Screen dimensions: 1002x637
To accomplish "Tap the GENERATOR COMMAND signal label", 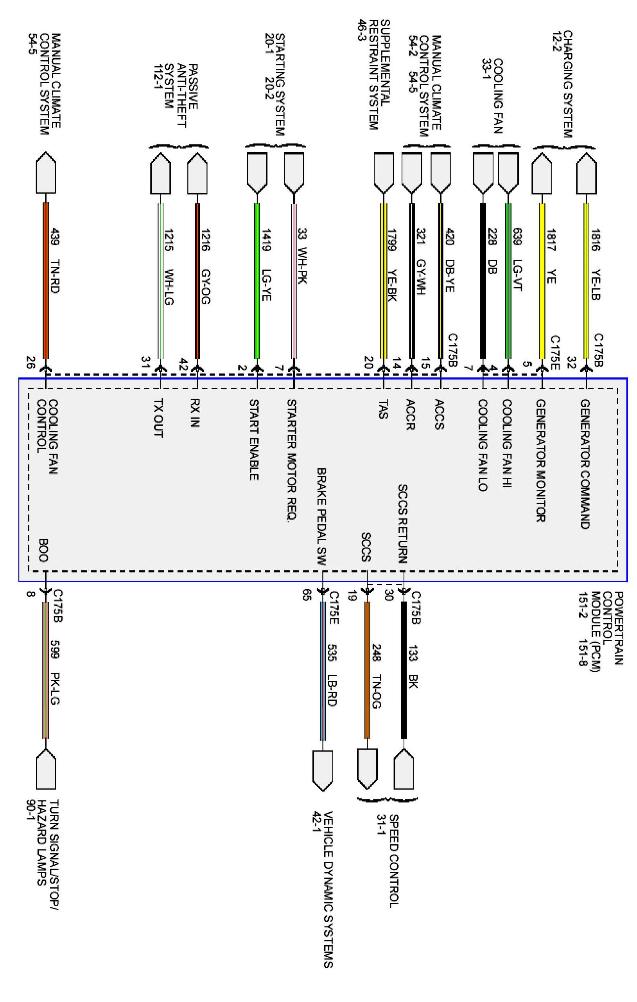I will click(585, 464).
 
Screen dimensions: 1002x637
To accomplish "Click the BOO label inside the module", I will click(43, 550).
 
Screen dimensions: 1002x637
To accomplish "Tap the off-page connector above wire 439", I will click(45, 173).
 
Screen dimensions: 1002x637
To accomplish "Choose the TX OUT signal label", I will click(158, 418).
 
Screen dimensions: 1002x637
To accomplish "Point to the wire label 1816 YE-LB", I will click(596, 264).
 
